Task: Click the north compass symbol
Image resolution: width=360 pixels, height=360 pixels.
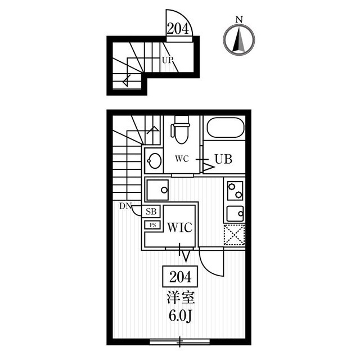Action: point(238,39)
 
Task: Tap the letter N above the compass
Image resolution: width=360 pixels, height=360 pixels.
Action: point(239,20)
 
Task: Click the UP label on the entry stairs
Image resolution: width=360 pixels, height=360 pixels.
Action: point(168,60)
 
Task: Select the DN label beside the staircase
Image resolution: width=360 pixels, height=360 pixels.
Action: point(125,206)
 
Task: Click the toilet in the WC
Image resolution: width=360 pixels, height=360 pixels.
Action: point(181,130)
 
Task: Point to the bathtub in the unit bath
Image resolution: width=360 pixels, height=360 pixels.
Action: point(225,128)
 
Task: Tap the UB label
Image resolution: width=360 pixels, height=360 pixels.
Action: point(223,159)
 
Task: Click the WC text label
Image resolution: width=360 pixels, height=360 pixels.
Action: point(182,159)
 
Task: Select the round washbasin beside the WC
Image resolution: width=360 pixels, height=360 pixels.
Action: point(154,160)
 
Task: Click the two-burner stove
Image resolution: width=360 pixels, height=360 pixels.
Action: point(235,191)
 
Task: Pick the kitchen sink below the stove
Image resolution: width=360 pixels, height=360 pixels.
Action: point(235,214)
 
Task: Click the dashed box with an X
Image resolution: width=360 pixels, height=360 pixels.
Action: point(235,235)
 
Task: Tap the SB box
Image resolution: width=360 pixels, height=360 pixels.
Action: point(151,211)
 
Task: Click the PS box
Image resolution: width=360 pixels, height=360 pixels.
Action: point(152,225)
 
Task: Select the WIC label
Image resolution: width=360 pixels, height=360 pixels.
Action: point(179,227)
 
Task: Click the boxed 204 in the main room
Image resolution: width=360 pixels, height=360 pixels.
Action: point(180,276)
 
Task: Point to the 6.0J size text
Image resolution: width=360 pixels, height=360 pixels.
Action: point(180,316)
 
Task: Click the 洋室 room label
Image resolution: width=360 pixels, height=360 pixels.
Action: point(181,298)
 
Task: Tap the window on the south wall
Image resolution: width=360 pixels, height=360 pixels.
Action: point(180,342)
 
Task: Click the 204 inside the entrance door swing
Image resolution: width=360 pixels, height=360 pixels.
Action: point(178,29)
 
